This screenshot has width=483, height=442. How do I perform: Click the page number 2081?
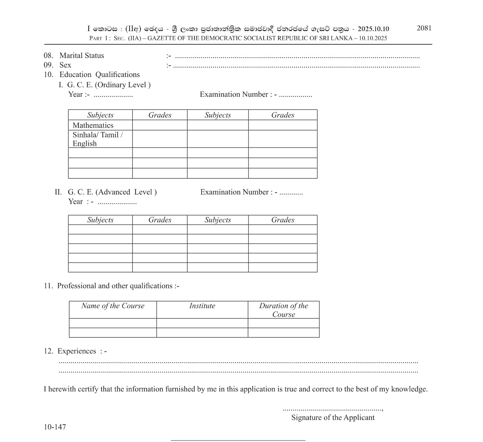[x=424, y=28]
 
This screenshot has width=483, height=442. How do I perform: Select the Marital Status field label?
[x=81, y=55]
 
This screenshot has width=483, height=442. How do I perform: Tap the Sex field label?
[x=65, y=65]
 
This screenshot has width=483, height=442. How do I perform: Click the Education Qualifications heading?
[x=99, y=74]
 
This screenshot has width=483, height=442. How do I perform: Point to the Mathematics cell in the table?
[x=93, y=125]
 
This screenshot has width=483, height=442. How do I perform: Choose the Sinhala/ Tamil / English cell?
[x=97, y=139]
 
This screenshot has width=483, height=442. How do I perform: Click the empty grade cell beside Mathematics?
[x=159, y=125]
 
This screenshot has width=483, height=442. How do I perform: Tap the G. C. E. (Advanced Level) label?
[x=112, y=192]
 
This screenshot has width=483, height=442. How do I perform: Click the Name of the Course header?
[x=113, y=306]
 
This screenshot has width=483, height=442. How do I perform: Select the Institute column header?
[x=202, y=306]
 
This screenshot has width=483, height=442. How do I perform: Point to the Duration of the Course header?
[x=283, y=310]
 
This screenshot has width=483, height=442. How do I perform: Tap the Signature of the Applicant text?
[x=333, y=417]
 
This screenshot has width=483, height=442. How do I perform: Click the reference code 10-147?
[x=55, y=427]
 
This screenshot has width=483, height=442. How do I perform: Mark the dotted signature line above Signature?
[x=332, y=409]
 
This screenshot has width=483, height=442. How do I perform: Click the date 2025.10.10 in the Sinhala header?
[x=373, y=29]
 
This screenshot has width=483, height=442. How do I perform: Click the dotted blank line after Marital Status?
[x=297, y=57]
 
